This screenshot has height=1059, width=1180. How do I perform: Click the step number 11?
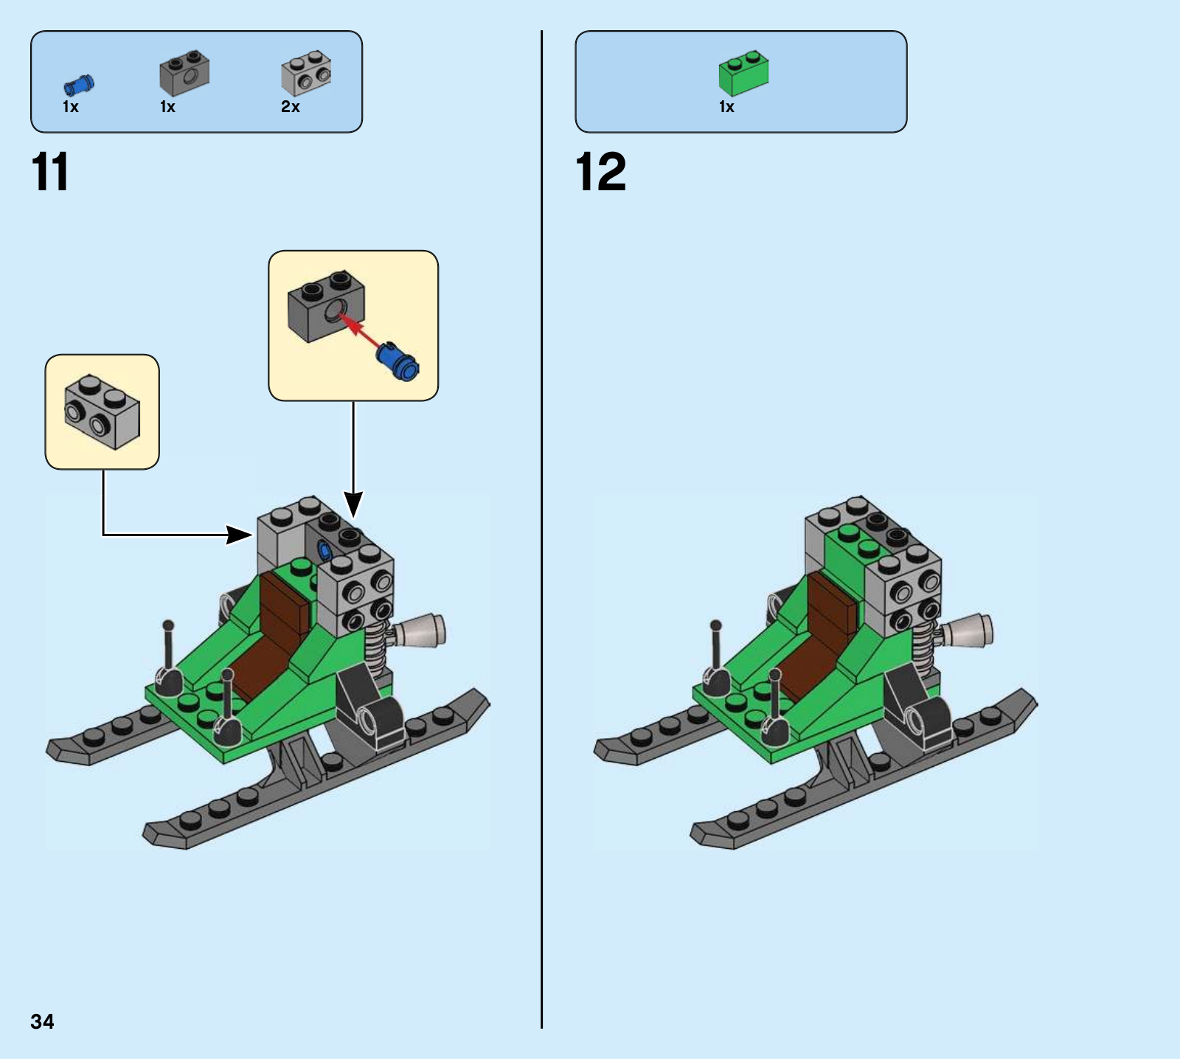(50, 172)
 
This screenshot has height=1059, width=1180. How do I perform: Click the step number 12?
(600, 172)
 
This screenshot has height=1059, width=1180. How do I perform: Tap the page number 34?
(42, 1021)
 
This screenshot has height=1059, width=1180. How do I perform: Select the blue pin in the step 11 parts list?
(79, 86)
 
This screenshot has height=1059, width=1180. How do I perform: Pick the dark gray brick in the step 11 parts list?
(184, 73)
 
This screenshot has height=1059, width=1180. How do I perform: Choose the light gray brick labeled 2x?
(306, 73)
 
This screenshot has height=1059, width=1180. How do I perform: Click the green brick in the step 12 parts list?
(743, 72)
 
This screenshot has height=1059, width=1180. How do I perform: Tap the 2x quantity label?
(291, 107)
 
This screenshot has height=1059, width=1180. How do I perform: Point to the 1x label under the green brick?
(726, 107)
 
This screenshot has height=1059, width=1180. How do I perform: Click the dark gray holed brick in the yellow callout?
(326, 306)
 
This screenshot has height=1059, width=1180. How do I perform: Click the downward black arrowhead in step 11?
(354, 505)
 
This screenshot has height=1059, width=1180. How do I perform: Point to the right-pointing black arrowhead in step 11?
(240, 535)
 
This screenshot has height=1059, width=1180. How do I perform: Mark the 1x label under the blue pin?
(70, 107)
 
